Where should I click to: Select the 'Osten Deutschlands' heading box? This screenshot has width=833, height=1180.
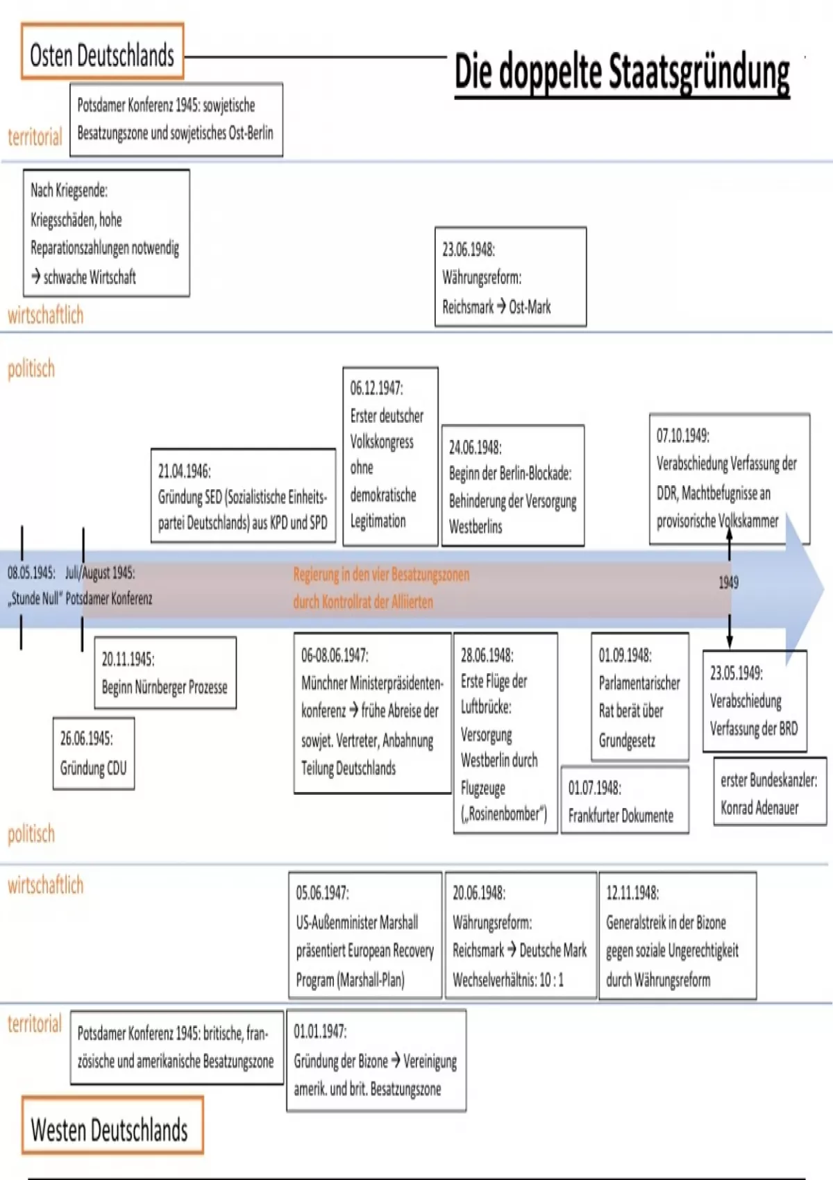(x=102, y=52)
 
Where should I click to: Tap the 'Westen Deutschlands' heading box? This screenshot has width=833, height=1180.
(x=112, y=1125)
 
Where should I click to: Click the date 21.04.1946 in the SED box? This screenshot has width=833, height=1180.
(x=184, y=471)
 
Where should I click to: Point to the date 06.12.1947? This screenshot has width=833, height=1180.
(x=376, y=387)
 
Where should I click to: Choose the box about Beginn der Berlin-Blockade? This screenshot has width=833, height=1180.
(x=513, y=486)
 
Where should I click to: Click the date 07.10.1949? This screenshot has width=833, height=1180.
(x=682, y=435)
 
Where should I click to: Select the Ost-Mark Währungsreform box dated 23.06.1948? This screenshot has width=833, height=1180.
(x=510, y=277)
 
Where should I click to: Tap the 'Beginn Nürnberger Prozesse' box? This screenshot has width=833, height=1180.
(x=165, y=673)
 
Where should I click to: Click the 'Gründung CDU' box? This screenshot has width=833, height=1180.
(x=93, y=753)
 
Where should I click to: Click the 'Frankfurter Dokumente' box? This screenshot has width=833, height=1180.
(x=624, y=801)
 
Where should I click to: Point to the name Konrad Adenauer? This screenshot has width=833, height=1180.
(x=759, y=807)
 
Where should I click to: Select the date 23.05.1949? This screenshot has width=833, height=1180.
(x=736, y=673)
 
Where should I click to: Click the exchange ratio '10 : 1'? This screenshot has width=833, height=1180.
(x=551, y=980)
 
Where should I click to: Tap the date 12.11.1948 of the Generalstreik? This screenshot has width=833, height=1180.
(x=632, y=893)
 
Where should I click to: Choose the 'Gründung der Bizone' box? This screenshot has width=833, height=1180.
(x=376, y=1061)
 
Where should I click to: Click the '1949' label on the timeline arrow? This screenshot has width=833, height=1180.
(x=728, y=582)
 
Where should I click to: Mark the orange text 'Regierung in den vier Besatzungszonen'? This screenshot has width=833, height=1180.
(x=381, y=575)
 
